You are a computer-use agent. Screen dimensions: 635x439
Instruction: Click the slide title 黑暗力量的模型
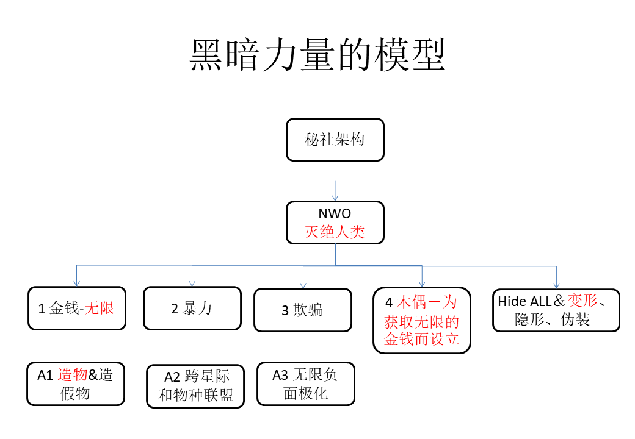(x=317, y=55)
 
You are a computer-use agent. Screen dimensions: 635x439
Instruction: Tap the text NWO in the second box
(x=335, y=213)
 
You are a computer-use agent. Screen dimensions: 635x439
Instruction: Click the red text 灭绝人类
(x=335, y=232)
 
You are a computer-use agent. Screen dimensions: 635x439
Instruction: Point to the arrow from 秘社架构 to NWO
(x=335, y=180)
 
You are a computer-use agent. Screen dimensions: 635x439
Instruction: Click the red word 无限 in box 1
(x=99, y=308)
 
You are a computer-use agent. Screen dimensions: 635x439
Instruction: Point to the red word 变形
(x=582, y=301)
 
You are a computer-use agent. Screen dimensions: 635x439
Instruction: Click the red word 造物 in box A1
(x=73, y=375)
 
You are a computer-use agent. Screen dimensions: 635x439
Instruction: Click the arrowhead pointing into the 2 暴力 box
(x=192, y=284)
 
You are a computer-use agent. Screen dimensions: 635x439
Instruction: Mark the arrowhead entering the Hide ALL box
(x=556, y=286)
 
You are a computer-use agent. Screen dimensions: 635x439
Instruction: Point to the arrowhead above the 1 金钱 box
(x=76, y=284)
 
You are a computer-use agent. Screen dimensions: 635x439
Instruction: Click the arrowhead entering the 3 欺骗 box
(x=303, y=285)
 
